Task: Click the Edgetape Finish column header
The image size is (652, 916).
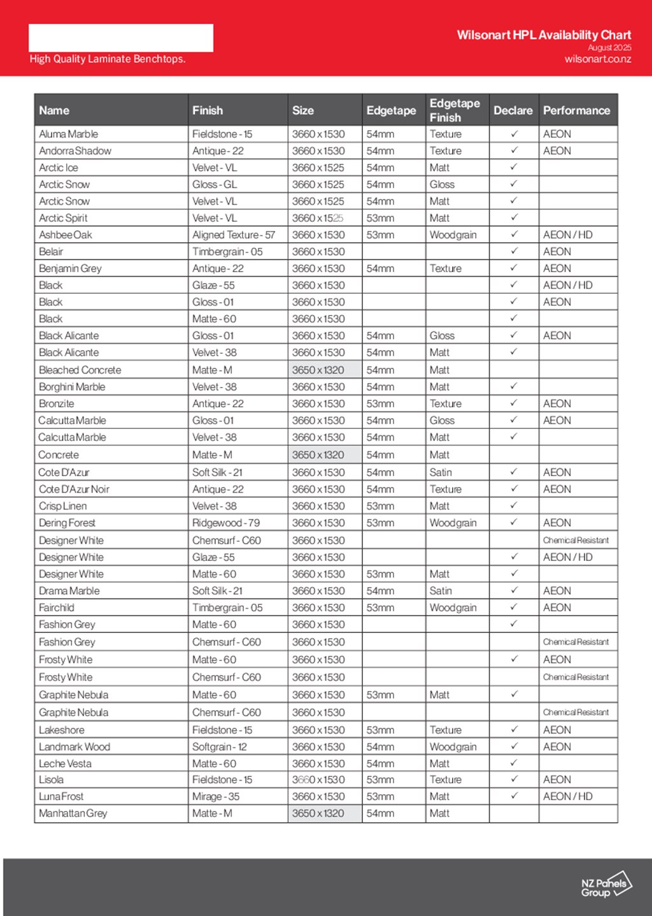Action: tap(455, 110)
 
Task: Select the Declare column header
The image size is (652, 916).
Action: tap(513, 110)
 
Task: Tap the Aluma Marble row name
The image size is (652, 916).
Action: tap(69, 134)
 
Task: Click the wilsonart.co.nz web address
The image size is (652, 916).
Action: tap(597, 59)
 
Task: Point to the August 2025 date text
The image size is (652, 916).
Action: tap(609, 48)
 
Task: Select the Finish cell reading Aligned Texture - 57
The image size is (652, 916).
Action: tap(234, 235)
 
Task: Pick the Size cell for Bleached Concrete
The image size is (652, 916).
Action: tap(318, 370)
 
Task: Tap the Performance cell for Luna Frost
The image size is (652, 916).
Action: tap(567, 796)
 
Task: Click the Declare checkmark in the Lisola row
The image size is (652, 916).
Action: tap(514, 779)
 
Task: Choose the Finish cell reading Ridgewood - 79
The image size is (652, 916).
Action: tap(226, 523)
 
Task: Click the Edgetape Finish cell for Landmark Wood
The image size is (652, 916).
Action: tap(453, 746)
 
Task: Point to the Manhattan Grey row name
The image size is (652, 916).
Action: tap(73, 813)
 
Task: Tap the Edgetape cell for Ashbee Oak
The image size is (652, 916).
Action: tap(380, 235)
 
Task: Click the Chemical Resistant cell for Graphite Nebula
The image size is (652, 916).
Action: tap(576, 712)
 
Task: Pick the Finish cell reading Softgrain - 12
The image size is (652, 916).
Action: tap(220, 746)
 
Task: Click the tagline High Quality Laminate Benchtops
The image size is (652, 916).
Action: tap(108, 59)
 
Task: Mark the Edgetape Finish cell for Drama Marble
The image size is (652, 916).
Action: tap(441, 591)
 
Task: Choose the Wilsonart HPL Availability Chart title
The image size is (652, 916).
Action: tap(544, 35)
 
